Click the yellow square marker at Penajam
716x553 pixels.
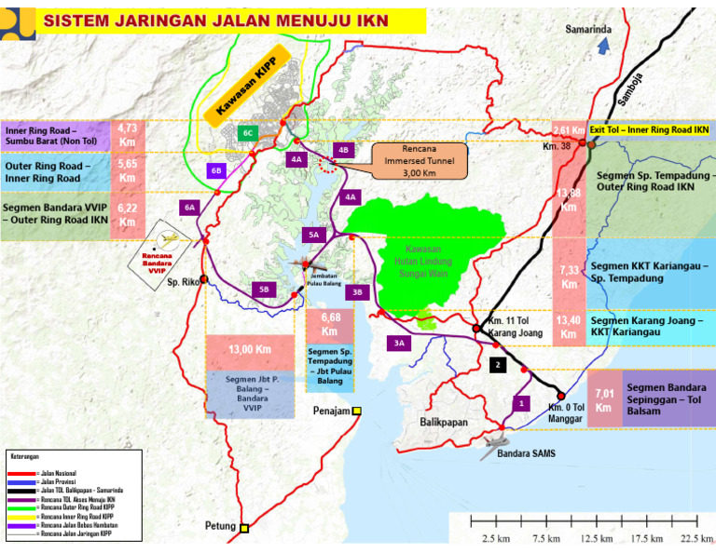click(x=356, y=411)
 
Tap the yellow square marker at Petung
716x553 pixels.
click(x=244, y=529)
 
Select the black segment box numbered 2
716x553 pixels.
click(x=499, y=364)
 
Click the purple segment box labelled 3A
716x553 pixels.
click(x=399, y=343)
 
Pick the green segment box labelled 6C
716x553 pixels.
click(x=248, y=133)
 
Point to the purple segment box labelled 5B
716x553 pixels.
click(x=263, y=290)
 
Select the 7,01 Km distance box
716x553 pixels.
click(x=604, y=398)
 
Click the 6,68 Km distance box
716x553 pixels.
click(x=329, y=325)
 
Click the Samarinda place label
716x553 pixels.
click(x=588, y=29)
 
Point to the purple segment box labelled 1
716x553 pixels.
click(x=521, y=402)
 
